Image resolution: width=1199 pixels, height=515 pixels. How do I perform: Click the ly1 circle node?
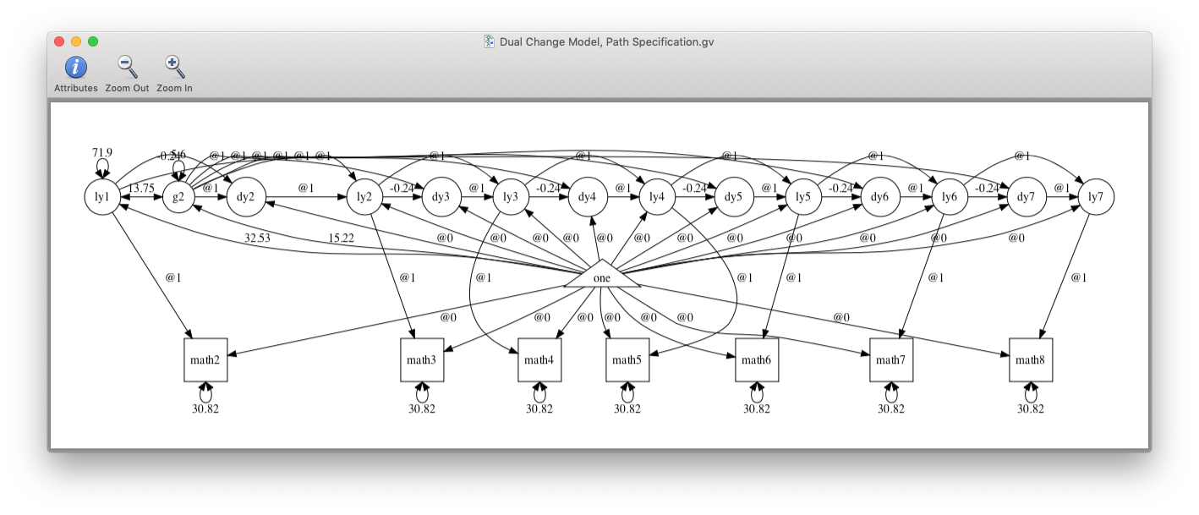point(102,197)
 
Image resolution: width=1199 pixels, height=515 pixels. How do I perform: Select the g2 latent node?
point(178,197)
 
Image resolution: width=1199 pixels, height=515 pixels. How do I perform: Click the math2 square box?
point(205,360)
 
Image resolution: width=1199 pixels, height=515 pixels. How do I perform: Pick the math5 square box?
point(627,360)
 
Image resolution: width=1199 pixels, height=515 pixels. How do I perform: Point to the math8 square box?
point(1030,360)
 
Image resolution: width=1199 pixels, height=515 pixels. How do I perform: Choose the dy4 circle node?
point(588,197)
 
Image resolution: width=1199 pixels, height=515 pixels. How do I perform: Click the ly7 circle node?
point(1095,197)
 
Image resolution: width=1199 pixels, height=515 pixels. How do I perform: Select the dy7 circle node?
point(1025,197)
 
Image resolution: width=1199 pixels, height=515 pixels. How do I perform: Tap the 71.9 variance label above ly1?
point(102,153)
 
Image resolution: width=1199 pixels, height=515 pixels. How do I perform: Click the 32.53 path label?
point(257,238)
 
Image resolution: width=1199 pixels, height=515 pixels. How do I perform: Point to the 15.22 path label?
point(341,238)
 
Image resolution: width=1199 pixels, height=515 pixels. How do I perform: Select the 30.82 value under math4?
point(539,408)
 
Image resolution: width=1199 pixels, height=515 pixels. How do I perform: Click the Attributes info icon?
point(76,68)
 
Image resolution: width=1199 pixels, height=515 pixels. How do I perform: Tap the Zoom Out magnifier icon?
point(127,68)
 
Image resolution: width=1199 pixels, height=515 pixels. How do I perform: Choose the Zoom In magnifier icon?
point(174,68)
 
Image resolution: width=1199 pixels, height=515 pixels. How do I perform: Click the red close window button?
point(59,41)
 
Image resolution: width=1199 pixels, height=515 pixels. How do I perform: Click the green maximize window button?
point(93,41)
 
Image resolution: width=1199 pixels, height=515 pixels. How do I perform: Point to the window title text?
point(606,41)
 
